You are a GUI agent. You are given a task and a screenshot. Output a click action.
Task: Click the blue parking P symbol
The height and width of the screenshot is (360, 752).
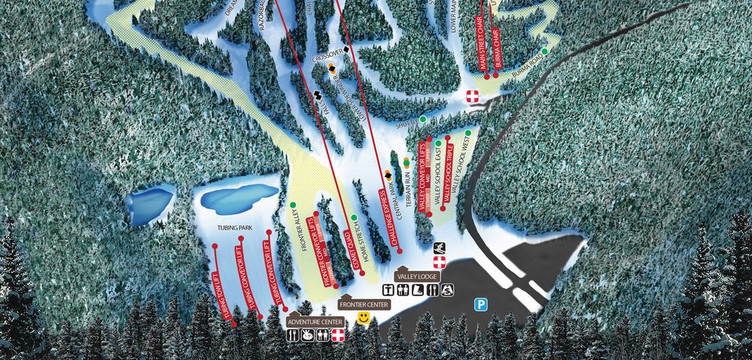[x=480, y=305]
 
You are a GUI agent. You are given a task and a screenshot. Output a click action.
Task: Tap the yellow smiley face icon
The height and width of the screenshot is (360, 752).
[x=364, y=318]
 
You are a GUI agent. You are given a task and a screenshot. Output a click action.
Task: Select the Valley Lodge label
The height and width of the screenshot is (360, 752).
[x=417, y=276]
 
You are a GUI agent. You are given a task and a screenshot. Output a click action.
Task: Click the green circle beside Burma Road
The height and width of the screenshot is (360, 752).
[x=544, y=51]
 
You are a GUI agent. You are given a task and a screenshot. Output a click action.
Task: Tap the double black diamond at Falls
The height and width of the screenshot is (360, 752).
[x=316, y=96]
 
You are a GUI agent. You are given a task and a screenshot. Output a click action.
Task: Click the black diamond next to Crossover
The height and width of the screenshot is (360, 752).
[x=347, y=50]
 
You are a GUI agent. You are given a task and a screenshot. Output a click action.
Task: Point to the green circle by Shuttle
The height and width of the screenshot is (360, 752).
[x=423, y=120]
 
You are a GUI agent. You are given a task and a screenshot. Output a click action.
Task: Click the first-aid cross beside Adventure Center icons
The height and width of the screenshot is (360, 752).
[x=337, y=336]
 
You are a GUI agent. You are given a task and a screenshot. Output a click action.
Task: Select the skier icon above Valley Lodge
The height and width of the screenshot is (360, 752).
[x=439, y=247]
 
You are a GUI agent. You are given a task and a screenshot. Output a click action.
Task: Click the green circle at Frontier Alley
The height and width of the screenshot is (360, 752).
[x=293, y=205]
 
